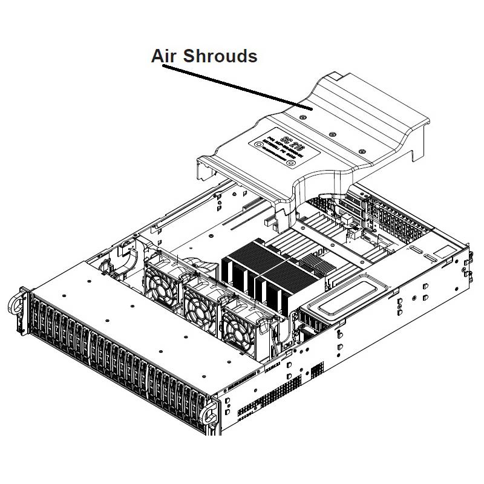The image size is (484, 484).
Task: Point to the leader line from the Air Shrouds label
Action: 236,88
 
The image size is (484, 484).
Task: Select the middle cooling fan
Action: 203,299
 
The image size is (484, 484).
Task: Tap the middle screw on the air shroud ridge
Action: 332,134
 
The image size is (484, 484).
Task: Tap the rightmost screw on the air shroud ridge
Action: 361,151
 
